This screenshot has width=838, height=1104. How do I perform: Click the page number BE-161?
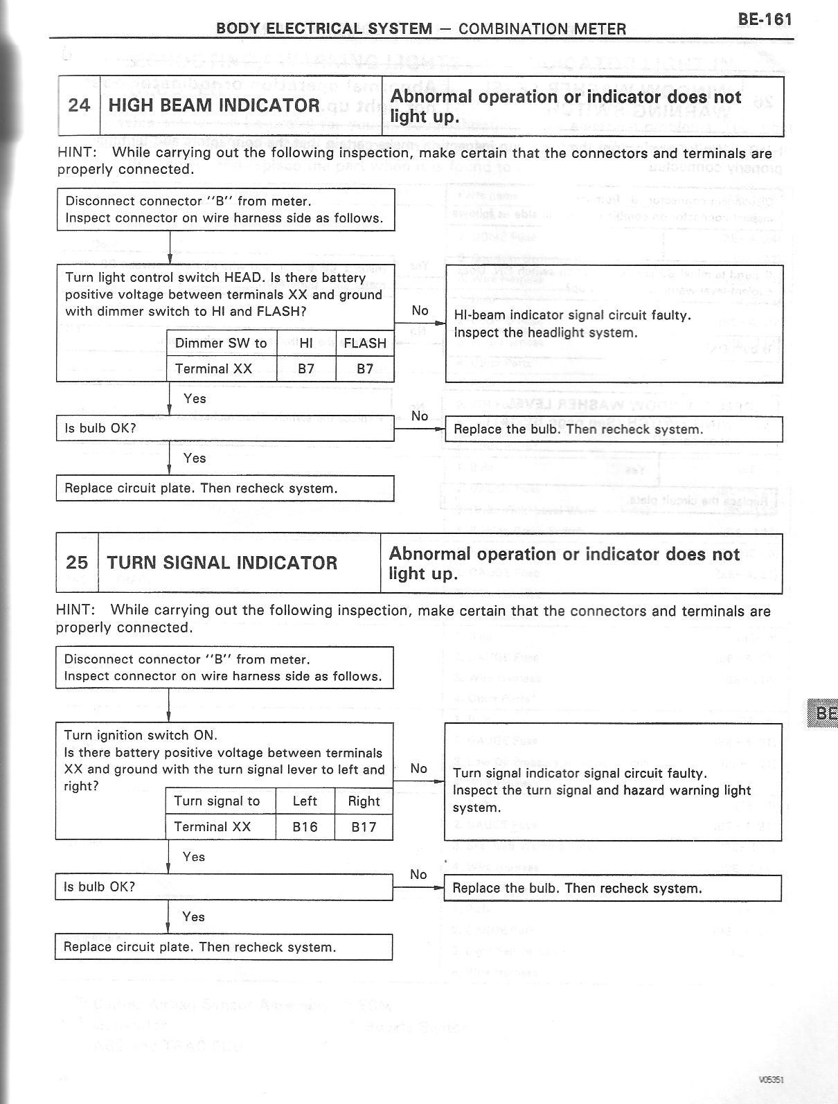coord(765,19)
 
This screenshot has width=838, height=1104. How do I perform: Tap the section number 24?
coord(79,105)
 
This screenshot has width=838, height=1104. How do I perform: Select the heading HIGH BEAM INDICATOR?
coord(214,105)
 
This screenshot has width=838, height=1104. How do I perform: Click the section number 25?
coord(77,562)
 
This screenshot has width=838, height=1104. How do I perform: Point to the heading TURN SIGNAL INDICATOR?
coord(222,562)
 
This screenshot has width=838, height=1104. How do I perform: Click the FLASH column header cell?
coord(365,343)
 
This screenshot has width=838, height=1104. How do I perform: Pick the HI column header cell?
coord(306,343)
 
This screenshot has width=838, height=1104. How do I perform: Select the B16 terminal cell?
coord(305,827)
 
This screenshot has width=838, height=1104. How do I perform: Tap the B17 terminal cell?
coord(364,827)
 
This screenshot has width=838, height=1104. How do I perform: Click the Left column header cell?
coord(305,801)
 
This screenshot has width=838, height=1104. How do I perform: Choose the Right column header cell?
coord(364,801)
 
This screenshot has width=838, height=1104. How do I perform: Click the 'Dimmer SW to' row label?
coord(221,343)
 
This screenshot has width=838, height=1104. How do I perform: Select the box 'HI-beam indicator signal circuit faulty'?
coord(614,323)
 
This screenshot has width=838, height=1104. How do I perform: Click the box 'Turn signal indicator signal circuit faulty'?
coord(613,782)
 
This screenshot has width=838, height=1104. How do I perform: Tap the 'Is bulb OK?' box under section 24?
coord(225,429)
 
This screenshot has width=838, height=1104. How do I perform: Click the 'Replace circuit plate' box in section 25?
coord(224,947)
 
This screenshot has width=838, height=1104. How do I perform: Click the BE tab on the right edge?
coord(824,713)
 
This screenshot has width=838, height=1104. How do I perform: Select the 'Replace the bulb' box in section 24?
coord(614,429)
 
